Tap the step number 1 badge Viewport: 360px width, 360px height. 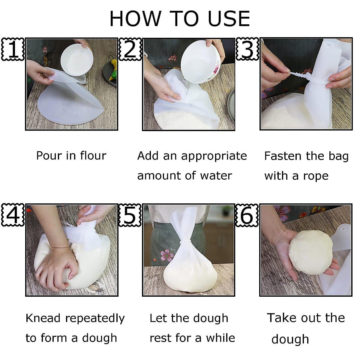[x=13, y=49]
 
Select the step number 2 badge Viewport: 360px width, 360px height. [x=130, y=49]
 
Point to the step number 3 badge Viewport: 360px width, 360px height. [x=247, y=49]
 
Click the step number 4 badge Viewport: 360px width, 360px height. [x=13, y=215]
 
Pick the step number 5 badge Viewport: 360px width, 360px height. [x=130, y=215]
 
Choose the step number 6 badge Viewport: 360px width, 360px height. [x=247, y=215]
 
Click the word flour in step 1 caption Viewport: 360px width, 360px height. [x=93, y=155]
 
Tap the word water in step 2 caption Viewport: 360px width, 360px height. [x=216, y=175]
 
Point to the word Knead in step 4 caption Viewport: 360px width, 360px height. [x=43, y=318]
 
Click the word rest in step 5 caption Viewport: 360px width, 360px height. [x=159, y=338]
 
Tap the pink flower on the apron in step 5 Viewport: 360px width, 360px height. [x=167, y=254]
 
